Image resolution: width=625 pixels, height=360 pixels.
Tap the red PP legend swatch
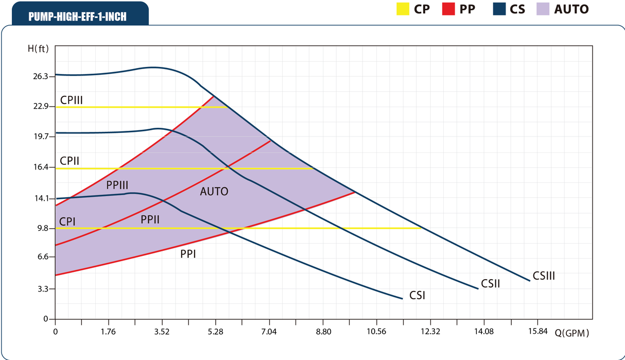(448, 9)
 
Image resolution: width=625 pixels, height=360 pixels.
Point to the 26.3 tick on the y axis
(40, 76)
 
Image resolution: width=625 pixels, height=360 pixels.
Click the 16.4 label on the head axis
(40, 167)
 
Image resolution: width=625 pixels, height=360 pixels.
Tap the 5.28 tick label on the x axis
(215, 332)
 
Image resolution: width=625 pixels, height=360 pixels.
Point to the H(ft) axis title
(39, 49)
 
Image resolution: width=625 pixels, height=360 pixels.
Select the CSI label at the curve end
(417, 296)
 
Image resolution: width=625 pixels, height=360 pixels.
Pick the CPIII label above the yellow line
(72, 100)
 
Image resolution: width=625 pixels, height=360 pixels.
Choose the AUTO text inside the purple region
(214, 192)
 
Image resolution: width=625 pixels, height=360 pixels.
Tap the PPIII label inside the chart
(117, 184)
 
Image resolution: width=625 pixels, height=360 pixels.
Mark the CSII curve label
(491, 283)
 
